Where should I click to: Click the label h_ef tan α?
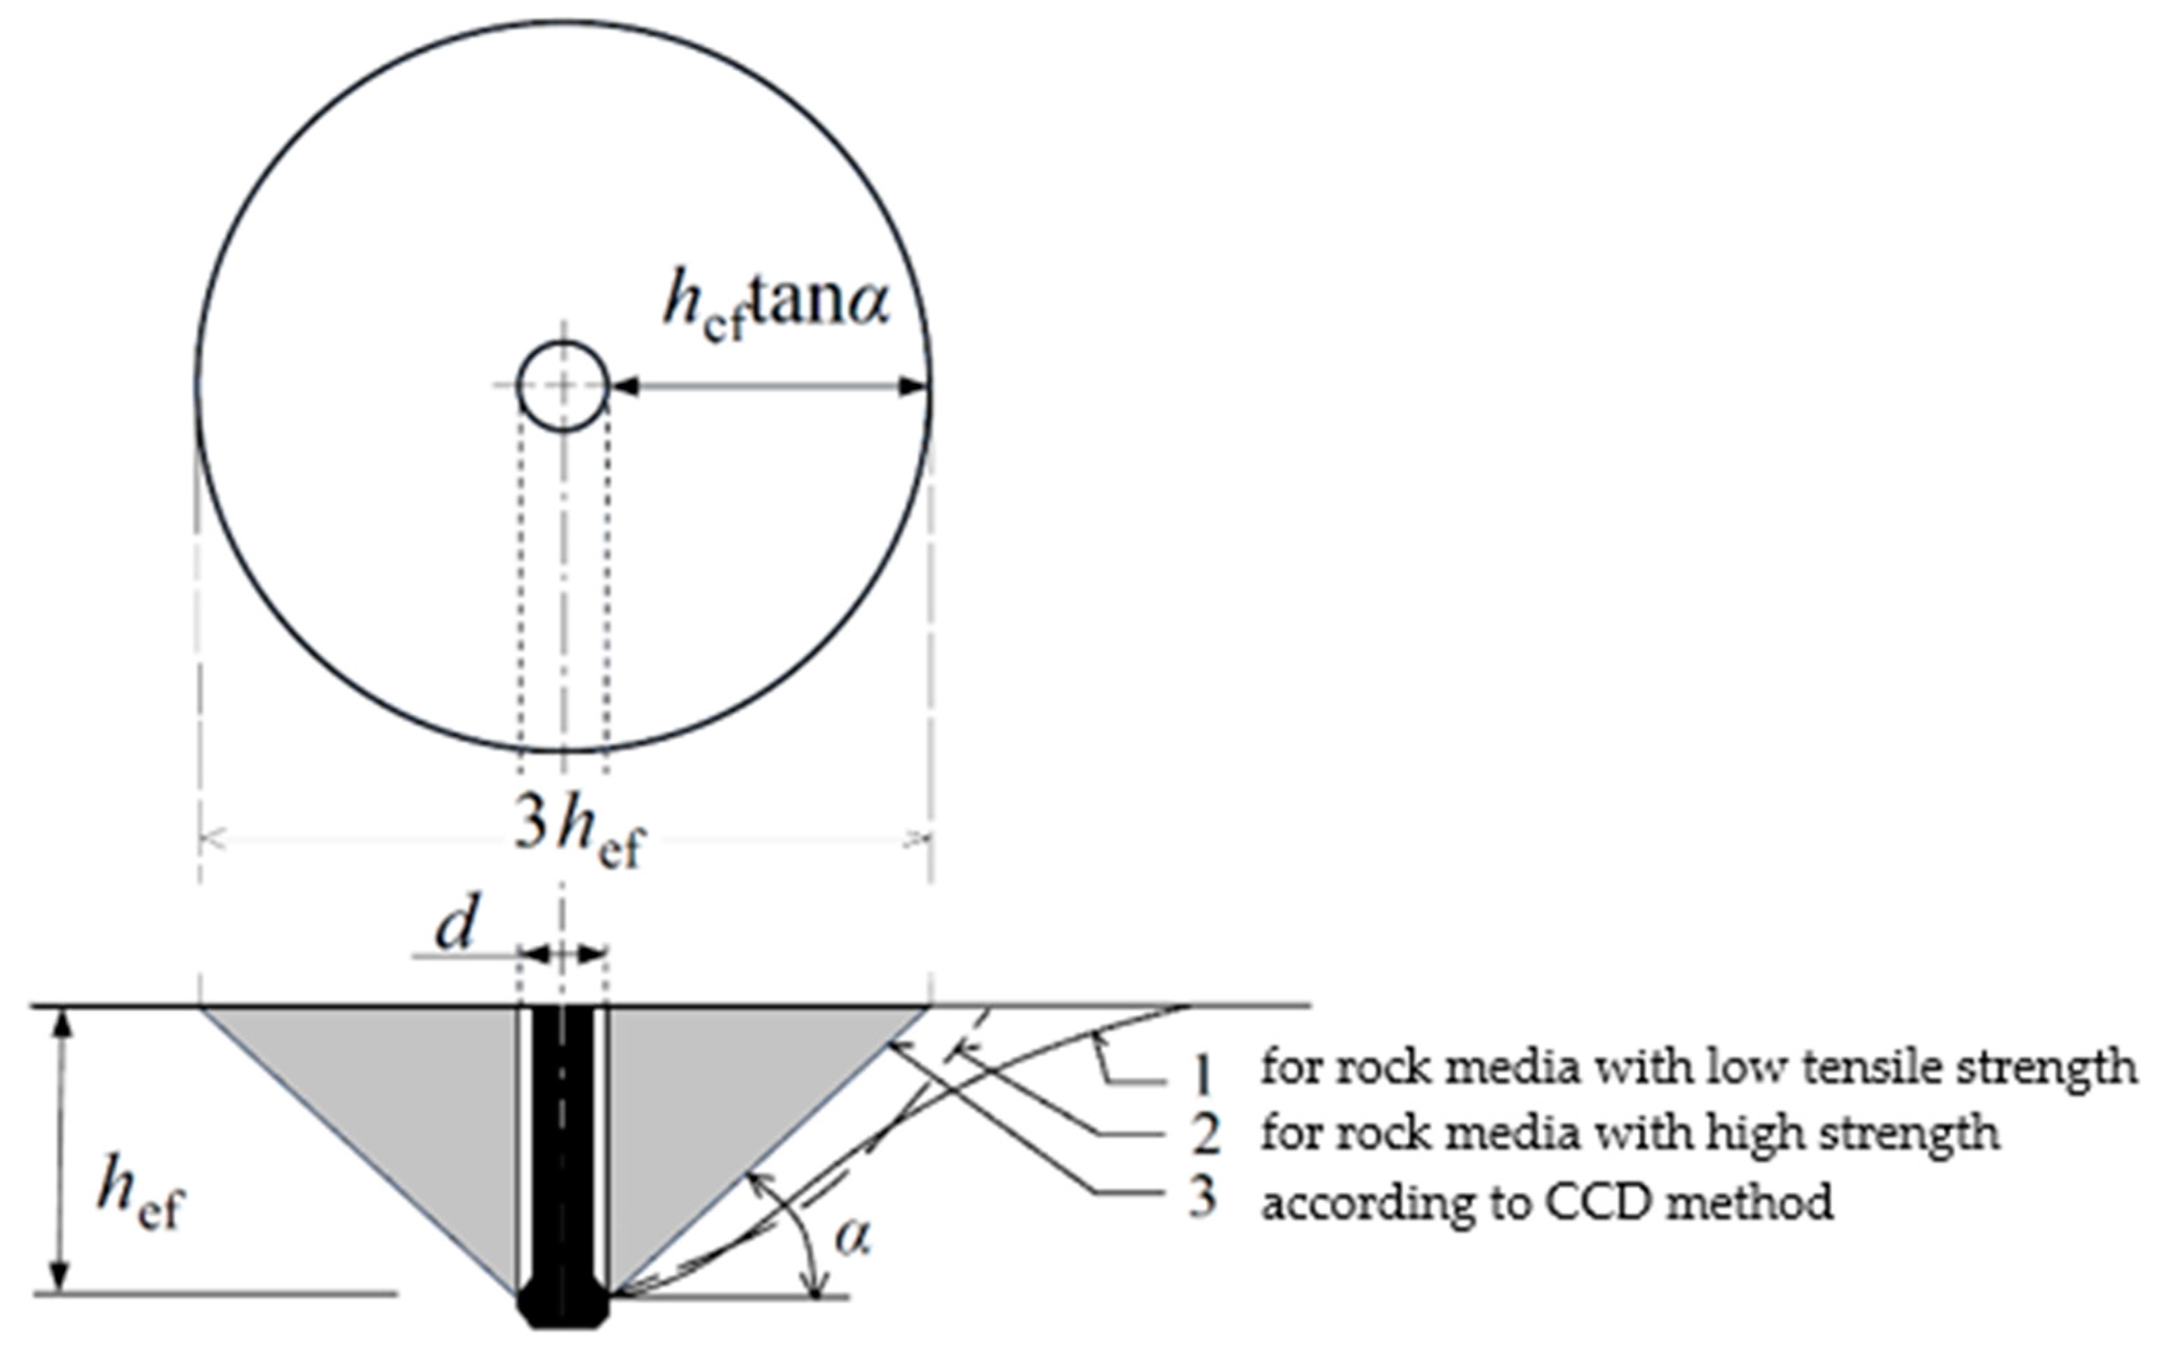[777, 304]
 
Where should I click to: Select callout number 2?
[1205, 1134]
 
